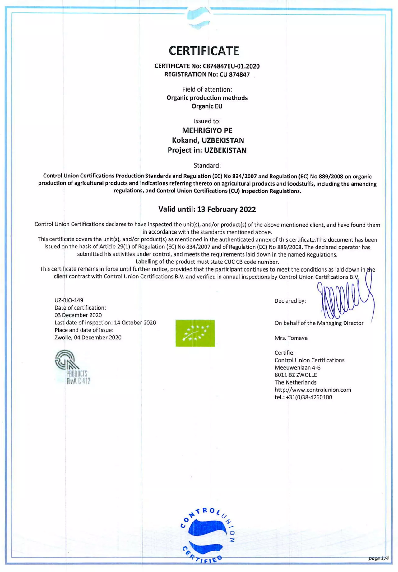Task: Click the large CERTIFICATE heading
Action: click(x=204, y=51)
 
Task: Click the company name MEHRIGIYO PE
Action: click(x=207, y=130)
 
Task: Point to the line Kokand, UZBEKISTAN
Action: click(x=208, y=140)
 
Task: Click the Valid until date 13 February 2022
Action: click(x=226, y=209)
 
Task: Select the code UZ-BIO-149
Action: click(x=69, y=300)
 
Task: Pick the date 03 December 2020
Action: click(x=78, y=315)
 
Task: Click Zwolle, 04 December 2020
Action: click(x=88, y=338)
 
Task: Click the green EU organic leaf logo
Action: click(x=195, y=333)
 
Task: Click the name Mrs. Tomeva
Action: click(x=291, y=338)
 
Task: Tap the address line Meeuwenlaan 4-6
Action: click(x=297, y=368)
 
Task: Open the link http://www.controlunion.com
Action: click(x=312, y=390)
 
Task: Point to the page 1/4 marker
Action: click(x=378, y=558)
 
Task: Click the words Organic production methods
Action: click(x=207, y=98)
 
